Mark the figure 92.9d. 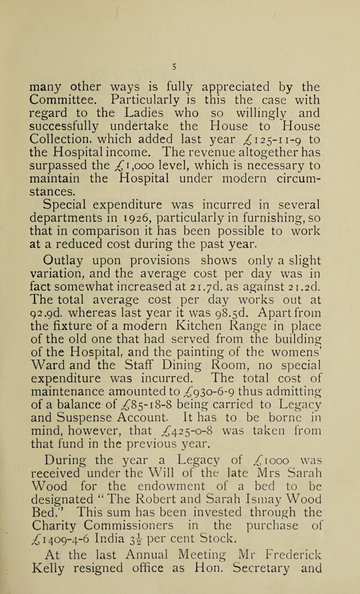tap(58, 332)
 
